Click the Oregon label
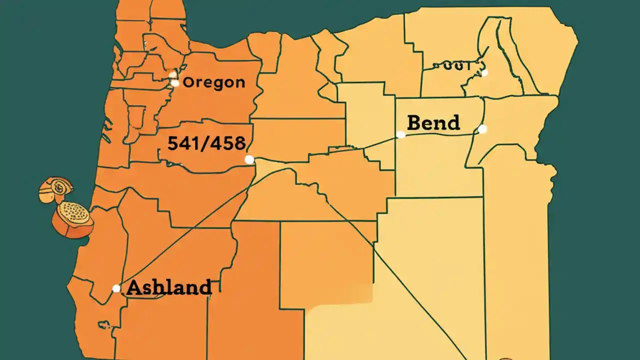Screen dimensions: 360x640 click(x=214, y=82)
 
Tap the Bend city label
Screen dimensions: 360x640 click(x=433, y=122)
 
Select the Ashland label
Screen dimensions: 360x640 click(x=169, y=287)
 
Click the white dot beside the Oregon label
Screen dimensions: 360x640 click(x=175, y=83)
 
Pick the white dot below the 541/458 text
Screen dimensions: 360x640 click(x=249, y=159)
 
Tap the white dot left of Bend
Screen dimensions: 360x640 click(x=401, y=134)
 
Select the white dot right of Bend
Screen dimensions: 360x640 click(x=482, y=129)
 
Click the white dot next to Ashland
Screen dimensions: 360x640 click(x=116, y=288)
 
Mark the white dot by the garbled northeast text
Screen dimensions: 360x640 click(x=484, y=72)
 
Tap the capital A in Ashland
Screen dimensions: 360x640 click(x=134, y=287)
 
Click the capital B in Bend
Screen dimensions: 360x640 click(x=414, y=122)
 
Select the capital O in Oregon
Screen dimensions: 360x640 click(x=188, y=82)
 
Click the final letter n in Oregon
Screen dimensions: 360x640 click(x=240, y=83)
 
